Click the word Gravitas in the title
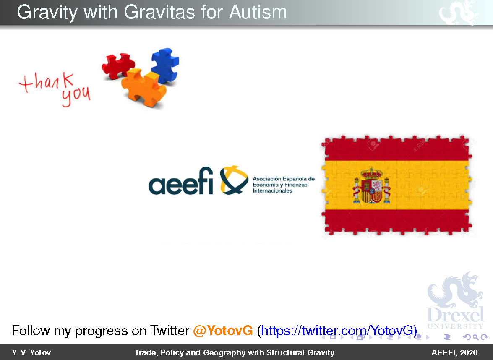pos(159,13)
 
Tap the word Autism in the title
pos(258,13)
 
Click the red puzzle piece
pos(118,66)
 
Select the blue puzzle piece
pos(165,65)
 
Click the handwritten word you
pos(76,96)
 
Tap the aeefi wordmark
pos(180,181)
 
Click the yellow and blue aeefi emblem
pos(234,180)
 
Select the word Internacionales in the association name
pos(272,191)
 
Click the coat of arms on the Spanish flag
pos(372,185)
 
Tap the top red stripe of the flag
pos(397,149)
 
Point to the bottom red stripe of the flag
pos(397,222)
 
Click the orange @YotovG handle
pos(223,331)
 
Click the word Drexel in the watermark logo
pos(455,314)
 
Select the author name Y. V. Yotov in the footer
pos(31,353)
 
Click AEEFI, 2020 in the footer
pos(454,353)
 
